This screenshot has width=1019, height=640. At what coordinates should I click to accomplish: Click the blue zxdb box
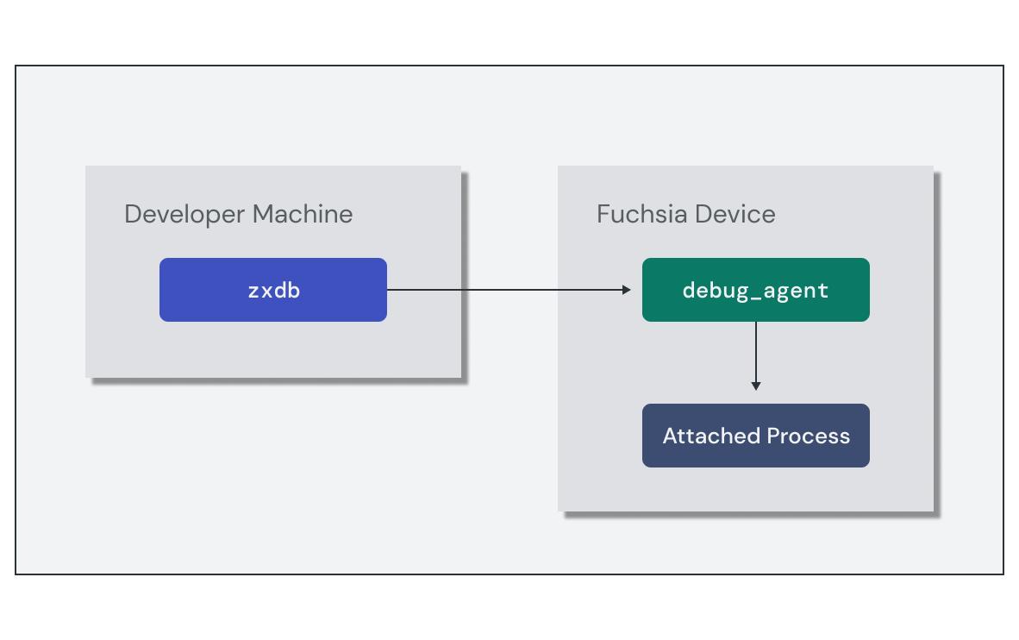click(x=272, y=290)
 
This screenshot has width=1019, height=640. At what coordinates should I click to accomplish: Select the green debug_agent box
click(x=755, y=290)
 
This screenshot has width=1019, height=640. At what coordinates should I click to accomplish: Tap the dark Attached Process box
click(x=755, y=436)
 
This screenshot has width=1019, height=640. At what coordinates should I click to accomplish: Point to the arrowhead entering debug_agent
click(x=627, y=290)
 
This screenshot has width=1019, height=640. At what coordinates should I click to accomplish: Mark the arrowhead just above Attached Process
click(x=755, y=386)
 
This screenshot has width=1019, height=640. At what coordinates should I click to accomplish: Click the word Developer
click(x=178, y=214)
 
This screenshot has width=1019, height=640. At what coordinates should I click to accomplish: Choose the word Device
click(x=735, y=214)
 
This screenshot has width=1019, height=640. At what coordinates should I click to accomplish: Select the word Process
click(x=809, y=436)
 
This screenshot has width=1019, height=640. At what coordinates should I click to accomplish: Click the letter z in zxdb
click(x=253, y=292)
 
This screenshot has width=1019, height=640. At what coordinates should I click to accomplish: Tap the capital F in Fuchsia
click(x=603, y=214)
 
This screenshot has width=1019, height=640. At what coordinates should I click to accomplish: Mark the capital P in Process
click(x=773, y=436)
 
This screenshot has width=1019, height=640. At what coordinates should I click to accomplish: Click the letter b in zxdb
click(x=294, y=290)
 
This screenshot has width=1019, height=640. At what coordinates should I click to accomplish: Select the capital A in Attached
click(x=670, y=436)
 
